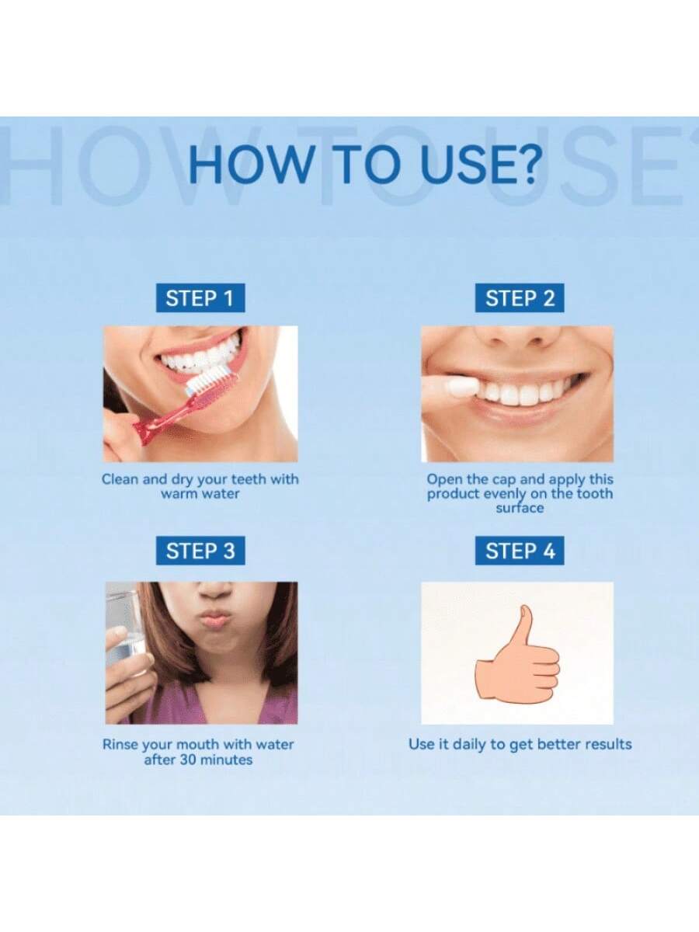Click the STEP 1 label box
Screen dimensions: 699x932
pos(200,297)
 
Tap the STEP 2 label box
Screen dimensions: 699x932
pos(520,297)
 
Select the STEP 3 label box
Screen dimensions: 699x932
pos(200,551)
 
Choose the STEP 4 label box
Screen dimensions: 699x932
pos(520,551)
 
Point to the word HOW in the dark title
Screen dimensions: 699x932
pos(250,165)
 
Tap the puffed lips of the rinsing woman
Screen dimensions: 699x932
pos(217,617)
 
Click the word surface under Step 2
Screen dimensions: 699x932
pos(520,507)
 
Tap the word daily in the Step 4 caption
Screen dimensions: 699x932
pos(469,744)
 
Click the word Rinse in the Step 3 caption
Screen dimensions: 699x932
pos(120,744)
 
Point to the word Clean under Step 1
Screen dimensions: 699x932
pos(120,479)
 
